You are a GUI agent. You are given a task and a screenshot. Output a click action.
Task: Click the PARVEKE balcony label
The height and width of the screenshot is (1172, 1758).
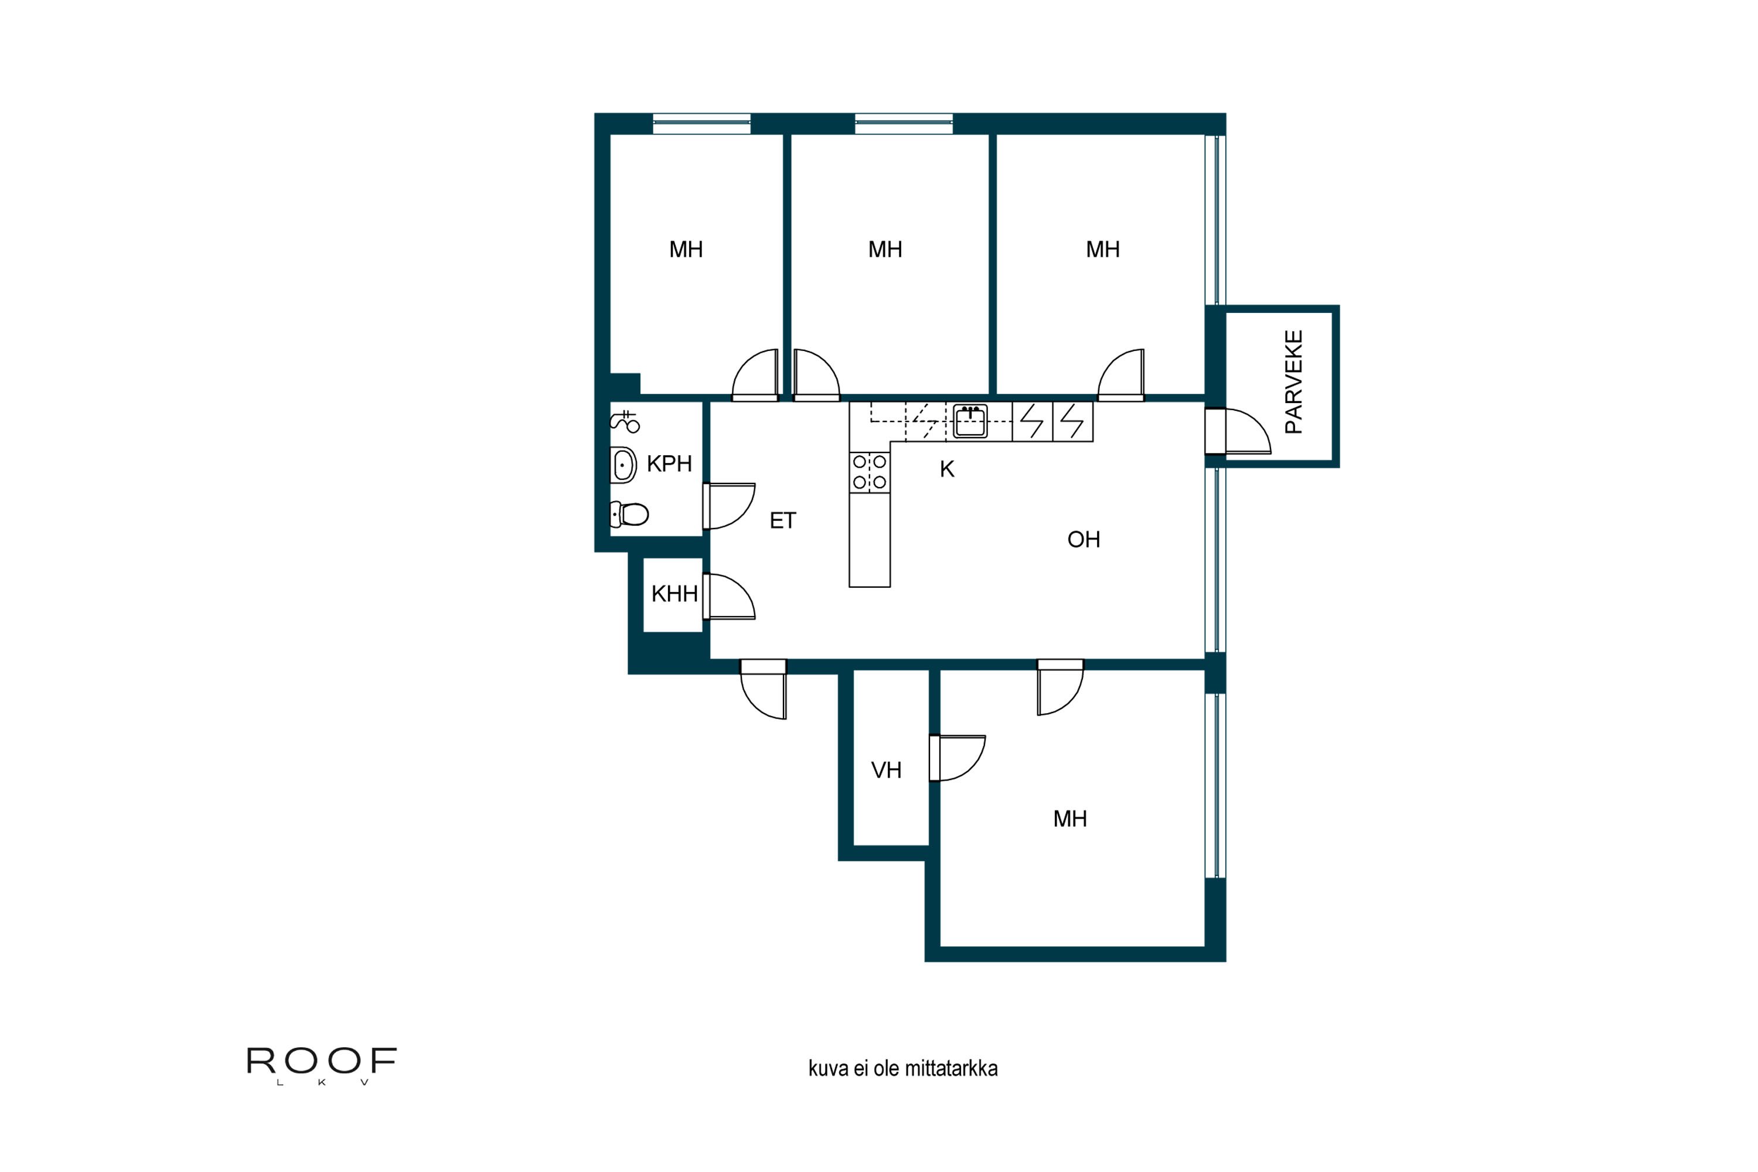point(1293,382)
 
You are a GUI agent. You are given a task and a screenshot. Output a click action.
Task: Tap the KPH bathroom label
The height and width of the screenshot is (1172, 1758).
point(669,464)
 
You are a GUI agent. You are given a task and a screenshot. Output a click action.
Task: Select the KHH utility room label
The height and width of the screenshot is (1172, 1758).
point(674,594)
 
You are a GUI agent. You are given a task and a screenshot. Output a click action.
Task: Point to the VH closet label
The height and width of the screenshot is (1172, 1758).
point(887,771)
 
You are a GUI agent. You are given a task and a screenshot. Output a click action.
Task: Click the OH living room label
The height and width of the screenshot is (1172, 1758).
point(1084,540)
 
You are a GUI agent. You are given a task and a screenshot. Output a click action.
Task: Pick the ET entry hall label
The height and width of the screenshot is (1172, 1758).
point(782,521)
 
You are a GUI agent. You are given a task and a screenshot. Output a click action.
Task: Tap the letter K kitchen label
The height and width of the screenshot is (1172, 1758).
point(947,469)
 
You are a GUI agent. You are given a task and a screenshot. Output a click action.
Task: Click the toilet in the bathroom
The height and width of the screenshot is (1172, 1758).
point(629,515)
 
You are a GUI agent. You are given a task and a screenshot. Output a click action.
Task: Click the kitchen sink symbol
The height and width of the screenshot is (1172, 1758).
point(970,421)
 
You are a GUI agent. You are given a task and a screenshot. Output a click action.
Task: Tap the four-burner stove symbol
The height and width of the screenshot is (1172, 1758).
point(869,472)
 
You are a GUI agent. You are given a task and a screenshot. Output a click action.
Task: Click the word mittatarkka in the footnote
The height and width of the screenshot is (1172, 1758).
point(950,1069)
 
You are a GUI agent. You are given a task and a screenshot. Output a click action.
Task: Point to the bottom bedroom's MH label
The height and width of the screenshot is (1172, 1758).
point(1069,819)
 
